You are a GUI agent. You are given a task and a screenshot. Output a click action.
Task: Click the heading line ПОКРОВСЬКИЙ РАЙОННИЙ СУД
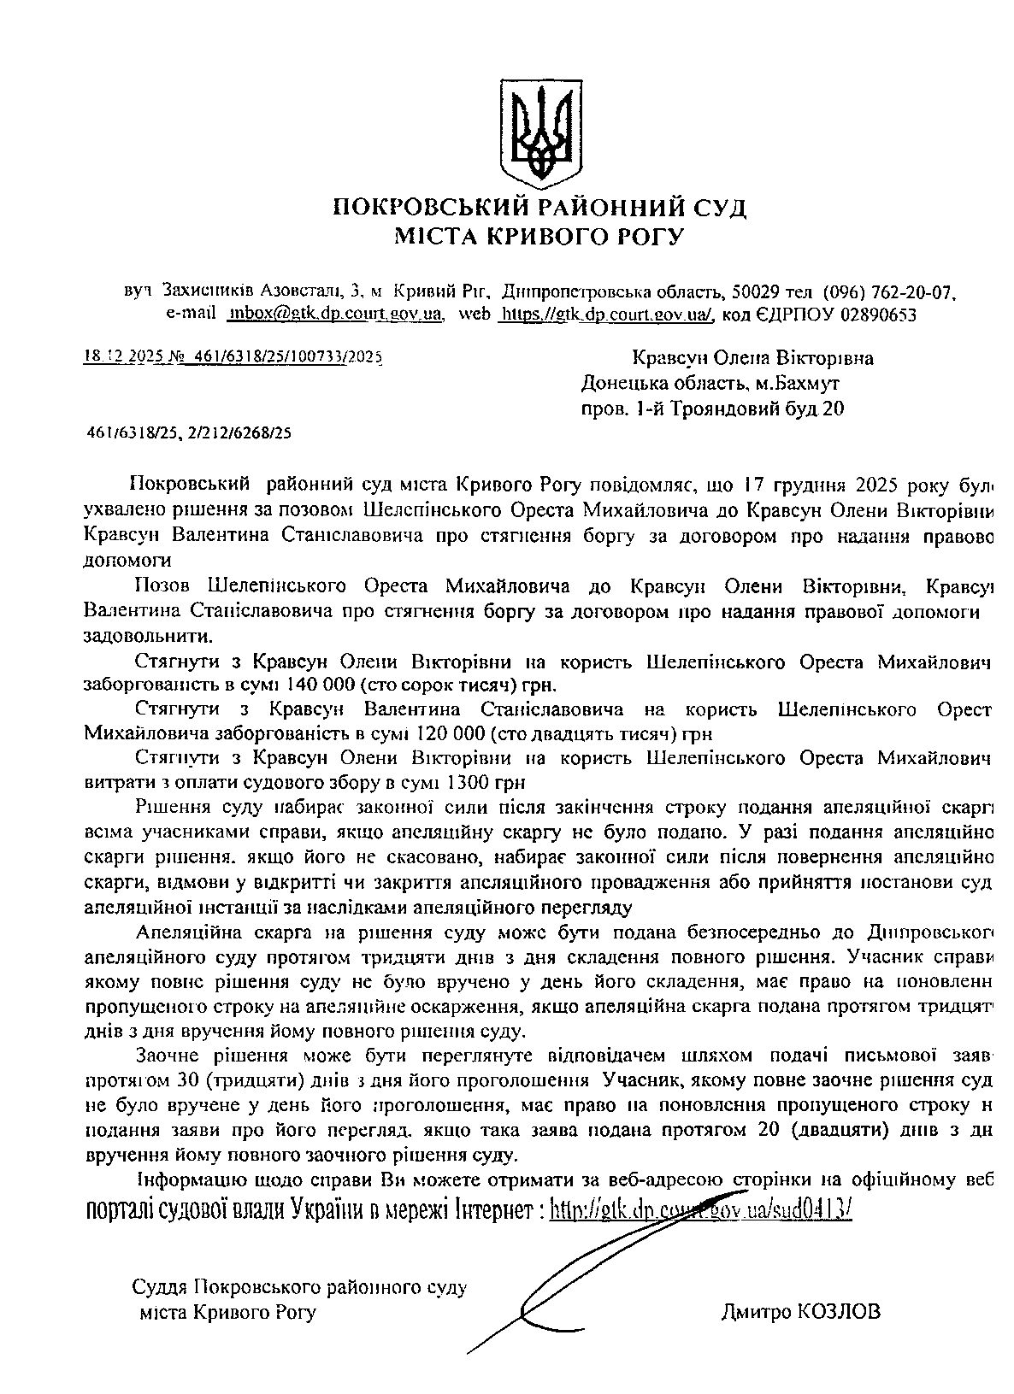pyautogui.click(x=539, y=208)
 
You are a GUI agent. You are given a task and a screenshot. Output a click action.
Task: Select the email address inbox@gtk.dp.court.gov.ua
pyautogui.click(x=334, y=314)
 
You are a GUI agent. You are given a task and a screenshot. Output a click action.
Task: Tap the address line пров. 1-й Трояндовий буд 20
pyautogui.click(x=711, y=409)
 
